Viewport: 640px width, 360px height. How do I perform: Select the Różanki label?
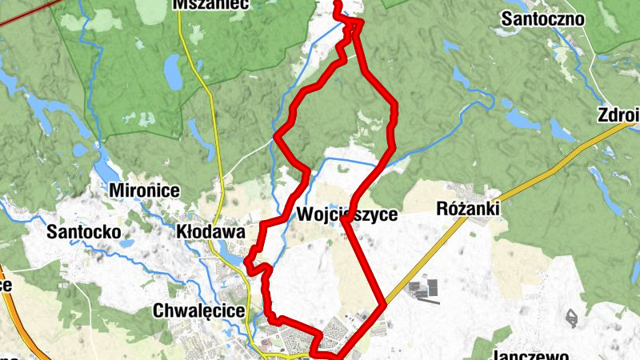[x=469, y=209]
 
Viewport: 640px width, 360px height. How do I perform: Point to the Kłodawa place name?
[x=210, y=232]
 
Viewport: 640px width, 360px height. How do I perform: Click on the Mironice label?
[x=144, y=192]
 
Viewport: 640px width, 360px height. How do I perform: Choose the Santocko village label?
[x=83, y=232]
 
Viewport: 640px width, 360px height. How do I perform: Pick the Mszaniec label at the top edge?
[x=211, y=5]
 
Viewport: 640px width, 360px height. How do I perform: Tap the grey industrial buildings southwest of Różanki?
[x=424, y=290]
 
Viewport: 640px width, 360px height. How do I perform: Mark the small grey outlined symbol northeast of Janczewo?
[x=572, y=318]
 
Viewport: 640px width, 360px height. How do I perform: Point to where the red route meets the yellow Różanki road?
[x=384, y=305]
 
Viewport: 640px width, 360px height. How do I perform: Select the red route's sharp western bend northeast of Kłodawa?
[x=276, y=137]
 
